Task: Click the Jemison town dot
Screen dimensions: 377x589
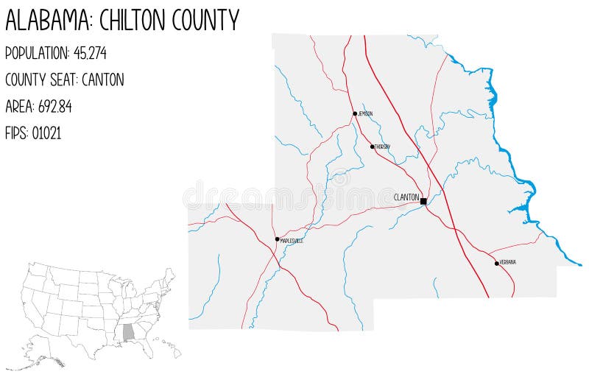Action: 355,113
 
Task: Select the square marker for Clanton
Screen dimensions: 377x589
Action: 423,201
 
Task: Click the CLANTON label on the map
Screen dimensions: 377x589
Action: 406,197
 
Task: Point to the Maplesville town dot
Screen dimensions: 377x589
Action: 278,239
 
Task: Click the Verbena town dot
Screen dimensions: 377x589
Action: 497,263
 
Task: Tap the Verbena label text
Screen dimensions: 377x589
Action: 508,262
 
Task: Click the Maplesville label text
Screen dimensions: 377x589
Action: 292,241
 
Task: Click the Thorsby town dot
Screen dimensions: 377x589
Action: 373,147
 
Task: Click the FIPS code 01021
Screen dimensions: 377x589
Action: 46,133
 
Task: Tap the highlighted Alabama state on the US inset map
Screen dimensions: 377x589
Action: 129,332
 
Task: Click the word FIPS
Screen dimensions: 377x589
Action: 16,133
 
